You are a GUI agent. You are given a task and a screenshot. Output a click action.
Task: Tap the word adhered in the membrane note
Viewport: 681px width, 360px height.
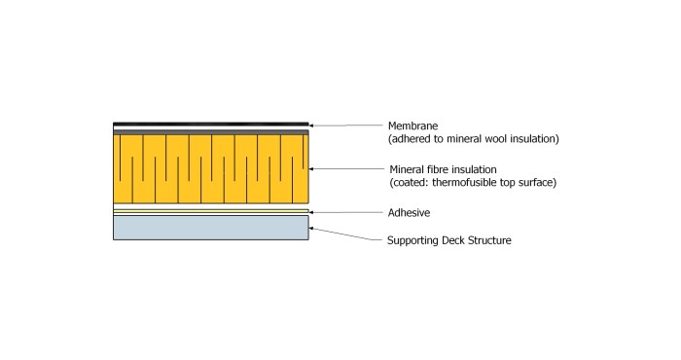[x=412, y=139]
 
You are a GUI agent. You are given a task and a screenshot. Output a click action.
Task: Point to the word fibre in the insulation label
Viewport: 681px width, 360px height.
[x=432, y=168]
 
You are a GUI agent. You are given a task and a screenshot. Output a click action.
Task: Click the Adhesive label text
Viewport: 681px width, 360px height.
[x=409, y=212]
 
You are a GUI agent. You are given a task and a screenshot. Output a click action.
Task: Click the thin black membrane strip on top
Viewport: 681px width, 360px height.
[x=210, y=125]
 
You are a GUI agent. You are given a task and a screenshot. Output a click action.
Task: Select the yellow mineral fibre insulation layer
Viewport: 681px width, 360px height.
[x=210, y=170]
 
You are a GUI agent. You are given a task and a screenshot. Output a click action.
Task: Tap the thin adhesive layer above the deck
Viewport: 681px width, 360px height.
[x=210, y=211]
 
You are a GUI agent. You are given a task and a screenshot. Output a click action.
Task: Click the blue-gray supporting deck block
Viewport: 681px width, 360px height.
[x=210, y=227]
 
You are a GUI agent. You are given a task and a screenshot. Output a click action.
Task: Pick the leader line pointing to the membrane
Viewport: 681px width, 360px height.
[x=345, y=125]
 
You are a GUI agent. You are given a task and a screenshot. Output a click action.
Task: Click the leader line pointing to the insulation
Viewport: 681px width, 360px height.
[x=345, y=168]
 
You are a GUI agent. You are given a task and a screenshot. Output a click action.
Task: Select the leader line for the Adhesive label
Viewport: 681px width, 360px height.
[x=345, y=211]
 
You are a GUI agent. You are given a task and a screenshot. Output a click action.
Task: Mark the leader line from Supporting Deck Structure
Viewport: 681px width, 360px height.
[x=345, y=234]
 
